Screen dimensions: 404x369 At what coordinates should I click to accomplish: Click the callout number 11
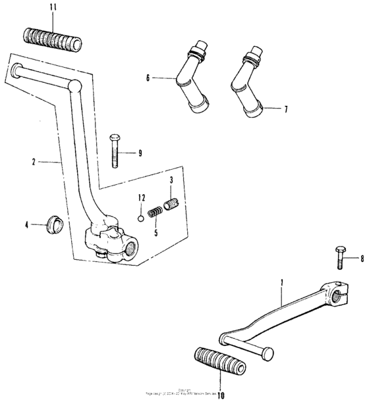54,7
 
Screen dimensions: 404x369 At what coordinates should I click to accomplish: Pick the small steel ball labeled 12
140,216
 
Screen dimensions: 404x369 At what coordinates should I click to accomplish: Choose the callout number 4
27,225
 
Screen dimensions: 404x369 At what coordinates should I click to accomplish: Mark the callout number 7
285,109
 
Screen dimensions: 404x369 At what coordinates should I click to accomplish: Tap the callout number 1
281,283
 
